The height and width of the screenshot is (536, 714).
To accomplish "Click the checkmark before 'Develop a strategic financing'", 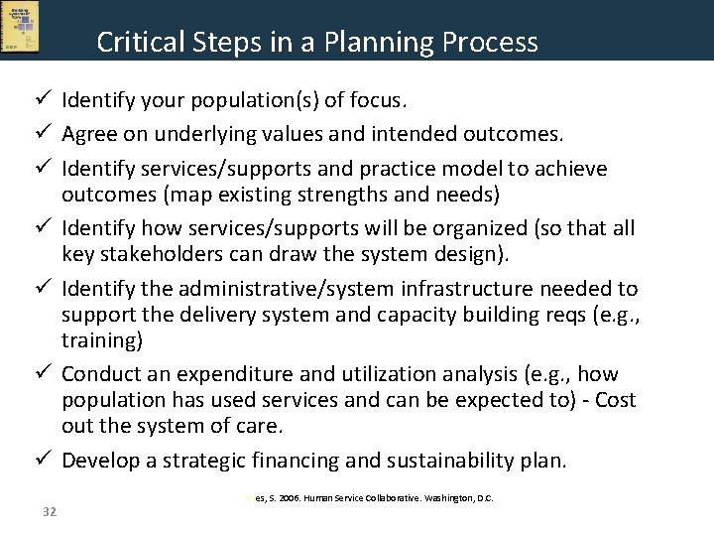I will point(43,461).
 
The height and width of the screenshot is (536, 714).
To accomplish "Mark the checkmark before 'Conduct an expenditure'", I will point(43,374).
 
